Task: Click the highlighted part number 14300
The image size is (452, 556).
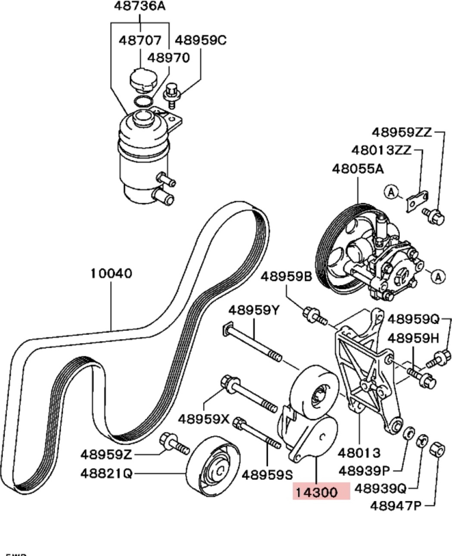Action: coord(316,492)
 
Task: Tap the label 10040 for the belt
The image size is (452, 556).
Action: coord(111,274)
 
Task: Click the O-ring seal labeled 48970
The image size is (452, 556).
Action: coord(143,101)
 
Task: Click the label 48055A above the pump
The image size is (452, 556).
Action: coord(358,169)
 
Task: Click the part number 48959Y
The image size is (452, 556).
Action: coord(254,310)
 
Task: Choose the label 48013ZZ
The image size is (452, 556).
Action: coord(381,150)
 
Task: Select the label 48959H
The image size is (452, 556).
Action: coord(413,338)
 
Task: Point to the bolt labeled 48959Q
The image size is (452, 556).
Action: coord(439,358)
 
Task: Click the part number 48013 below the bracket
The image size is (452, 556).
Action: coord(359,453)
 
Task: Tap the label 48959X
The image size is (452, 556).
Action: coord(204,420)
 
